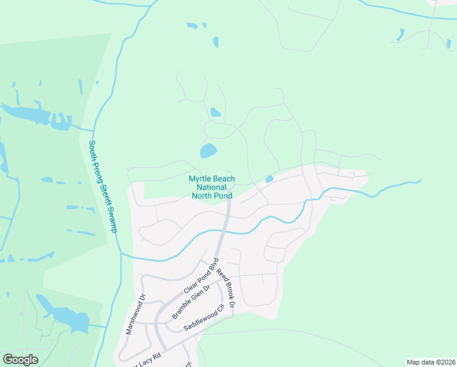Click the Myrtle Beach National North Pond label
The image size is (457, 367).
[x=211, y=187]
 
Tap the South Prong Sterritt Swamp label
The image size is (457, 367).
[x=104, y=187]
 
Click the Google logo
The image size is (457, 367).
[x=21, y=360]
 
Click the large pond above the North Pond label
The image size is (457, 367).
[x=208, y=150]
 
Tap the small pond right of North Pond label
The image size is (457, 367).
[x=269, y=179]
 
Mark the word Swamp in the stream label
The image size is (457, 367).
[x=111, y=218]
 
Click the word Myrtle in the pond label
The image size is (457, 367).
[x=199, y=179]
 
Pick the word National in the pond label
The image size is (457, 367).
[x=211, y=187]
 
